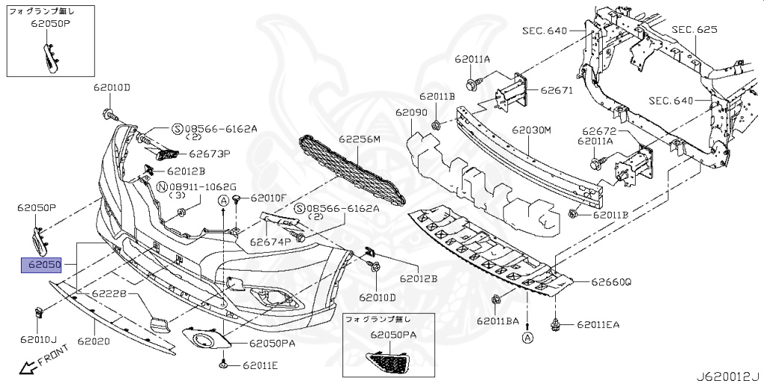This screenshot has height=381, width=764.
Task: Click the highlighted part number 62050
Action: (x=42, y=265)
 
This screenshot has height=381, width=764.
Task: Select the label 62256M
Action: (x=359, y=139)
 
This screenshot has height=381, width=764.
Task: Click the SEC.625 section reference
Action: (x=694, y=30)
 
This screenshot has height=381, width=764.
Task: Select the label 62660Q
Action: (x=612, y=283)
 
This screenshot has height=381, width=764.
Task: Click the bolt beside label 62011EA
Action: (x=556, y=324)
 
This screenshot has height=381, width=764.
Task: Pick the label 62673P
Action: (x=209, y=154)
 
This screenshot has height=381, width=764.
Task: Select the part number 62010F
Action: (x=269, y=198)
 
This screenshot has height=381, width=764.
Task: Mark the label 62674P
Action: (x=270, y=242)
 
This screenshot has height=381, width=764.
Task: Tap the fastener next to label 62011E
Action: (x=223, y=364)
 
